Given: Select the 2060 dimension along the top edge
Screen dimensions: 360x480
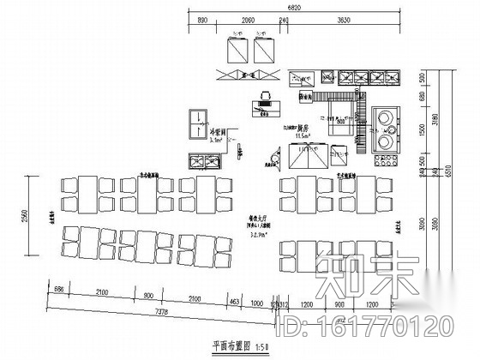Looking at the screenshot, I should [x=249, y=18].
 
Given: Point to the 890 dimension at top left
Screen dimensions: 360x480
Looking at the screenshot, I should [x=203, y=18].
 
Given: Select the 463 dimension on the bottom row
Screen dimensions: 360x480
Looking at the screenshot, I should [x=233, y=302].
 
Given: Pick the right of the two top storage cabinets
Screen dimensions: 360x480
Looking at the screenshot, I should [x=261, y=51].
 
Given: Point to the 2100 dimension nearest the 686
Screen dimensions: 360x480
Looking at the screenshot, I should [x=102, y=296].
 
